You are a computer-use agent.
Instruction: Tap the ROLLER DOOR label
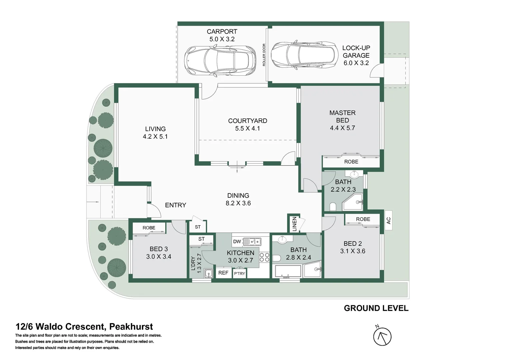click(264, 55)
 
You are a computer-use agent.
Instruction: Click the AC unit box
click(388, 220)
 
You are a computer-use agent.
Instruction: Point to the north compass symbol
click(382, 336)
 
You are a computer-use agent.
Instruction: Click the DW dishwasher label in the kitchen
click(237, 242)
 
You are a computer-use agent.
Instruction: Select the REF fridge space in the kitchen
click(223, 273)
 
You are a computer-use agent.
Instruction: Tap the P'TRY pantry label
click(239, 274)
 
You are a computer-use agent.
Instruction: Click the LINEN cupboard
click(294, 224)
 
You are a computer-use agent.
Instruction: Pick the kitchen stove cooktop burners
click(264, 257)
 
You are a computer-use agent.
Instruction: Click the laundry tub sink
click(209, 274)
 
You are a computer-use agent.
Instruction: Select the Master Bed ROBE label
click(351, 162)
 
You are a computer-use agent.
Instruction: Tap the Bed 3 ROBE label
click(149, 228)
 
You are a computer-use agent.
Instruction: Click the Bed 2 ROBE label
click(363, 219)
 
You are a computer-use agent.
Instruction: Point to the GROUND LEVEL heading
click(376, 308)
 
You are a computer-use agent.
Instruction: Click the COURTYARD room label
click(248, 121)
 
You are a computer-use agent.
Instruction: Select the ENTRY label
click(176, 205)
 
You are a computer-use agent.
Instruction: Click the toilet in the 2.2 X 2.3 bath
click(332, 207)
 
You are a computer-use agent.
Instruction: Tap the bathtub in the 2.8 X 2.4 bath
click(287, 271)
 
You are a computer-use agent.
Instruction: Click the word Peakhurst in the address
click(131, 327)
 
